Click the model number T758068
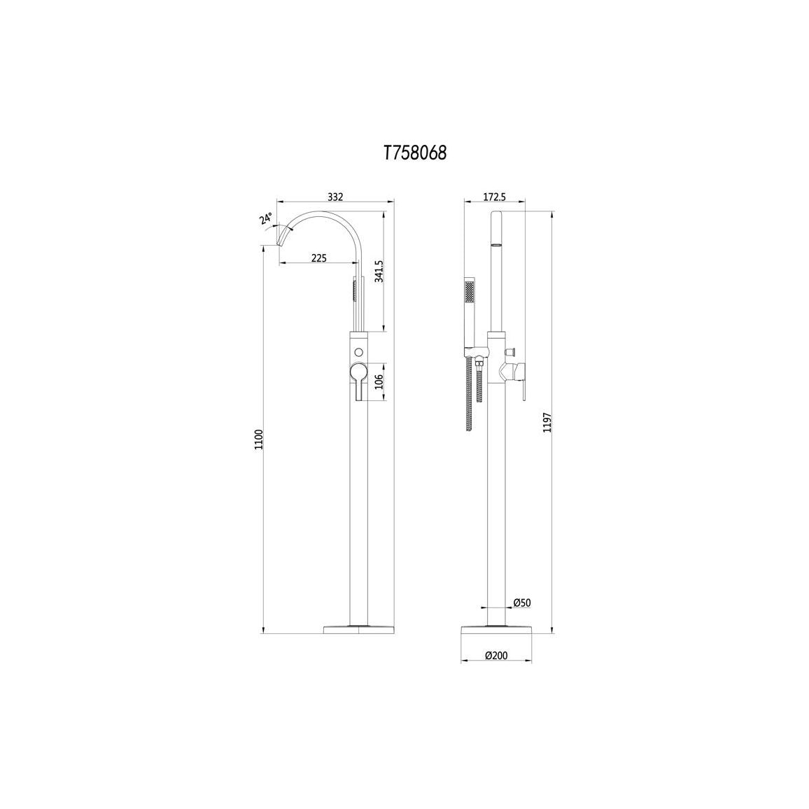tap(414, 153)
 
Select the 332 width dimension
tap(335, 197)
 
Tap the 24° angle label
tap(267, 218)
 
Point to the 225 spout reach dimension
tap(318, 258)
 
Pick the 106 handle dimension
tap(379, 381)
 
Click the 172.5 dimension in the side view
tap(495, 197)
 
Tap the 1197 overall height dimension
tap(548, 423)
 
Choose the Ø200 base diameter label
tap(495, 656)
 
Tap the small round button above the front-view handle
tap(359, 351)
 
